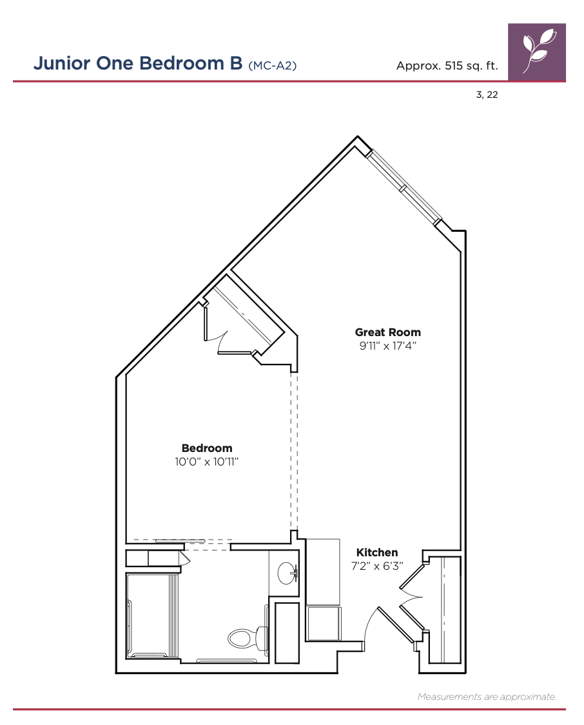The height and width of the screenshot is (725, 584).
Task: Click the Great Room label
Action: (x=388, y=332)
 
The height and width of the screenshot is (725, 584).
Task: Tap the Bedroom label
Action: (x=207, y=448)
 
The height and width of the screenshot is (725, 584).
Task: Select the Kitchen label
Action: (x=377, y=552)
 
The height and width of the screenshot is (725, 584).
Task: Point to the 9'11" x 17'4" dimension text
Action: (x=388, y=345)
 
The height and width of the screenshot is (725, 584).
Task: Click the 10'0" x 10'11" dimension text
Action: (x=206, y=462)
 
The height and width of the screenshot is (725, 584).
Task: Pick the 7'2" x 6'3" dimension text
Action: (x=377, y=565)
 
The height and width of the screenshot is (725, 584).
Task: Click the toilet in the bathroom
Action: (x=248, y=637)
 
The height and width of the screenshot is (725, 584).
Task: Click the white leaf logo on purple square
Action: (x=537, y=52)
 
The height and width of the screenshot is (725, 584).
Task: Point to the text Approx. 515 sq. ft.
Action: (x=447, y=66)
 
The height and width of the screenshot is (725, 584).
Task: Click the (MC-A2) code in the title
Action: (x=273, y=66)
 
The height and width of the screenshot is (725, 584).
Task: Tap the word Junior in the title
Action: (x=61, y=63)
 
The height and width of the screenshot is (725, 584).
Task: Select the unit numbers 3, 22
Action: (x=487, y=95)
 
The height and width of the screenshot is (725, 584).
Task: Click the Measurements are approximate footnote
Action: (x=487, y=696)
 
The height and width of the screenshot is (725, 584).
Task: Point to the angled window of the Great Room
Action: (x=404, y=187)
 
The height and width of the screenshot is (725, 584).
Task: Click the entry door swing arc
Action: (x=370, y=622)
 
